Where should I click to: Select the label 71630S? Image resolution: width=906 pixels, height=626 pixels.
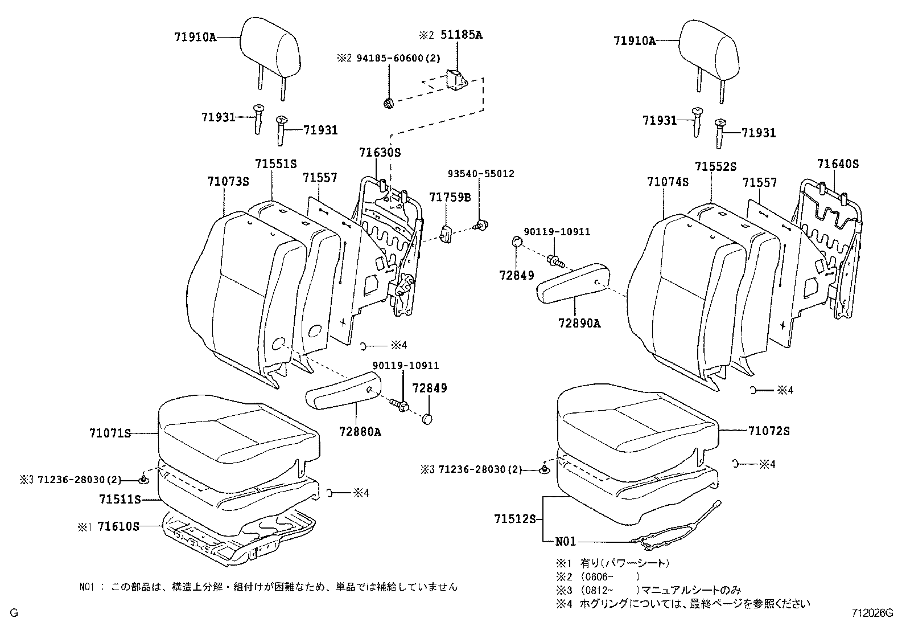(x=380, y=152)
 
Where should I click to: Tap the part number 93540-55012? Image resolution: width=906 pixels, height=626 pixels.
(x=480, y=174)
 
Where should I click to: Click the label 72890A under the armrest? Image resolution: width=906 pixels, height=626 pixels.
(x=579, y=323)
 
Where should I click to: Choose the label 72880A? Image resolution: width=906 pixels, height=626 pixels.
(x=360, y=431)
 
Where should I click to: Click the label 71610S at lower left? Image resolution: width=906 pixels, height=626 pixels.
(x=118, y=526)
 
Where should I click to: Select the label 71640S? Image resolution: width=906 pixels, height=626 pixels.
(x=838, y=164)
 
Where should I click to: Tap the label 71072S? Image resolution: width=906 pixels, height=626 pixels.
(x=769, y=431)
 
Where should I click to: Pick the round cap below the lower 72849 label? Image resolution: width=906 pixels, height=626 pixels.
(x=429, y=419)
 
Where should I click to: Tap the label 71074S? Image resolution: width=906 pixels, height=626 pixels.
(x=668, y=182)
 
